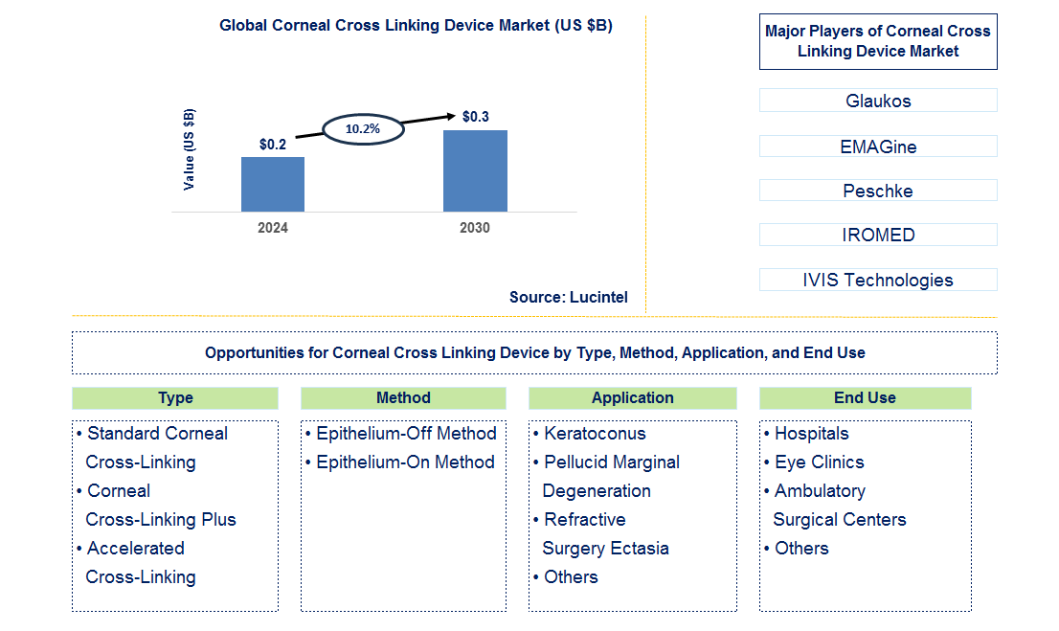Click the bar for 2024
point(273,184)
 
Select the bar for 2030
point(475,170)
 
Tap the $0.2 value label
point(273,145)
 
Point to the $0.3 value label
point(475,117)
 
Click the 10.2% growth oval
point(363,127)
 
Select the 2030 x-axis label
point(475,228)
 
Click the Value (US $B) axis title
point(189,149)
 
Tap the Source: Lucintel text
point(569,297)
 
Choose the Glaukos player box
point(878,101)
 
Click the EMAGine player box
point(878,146)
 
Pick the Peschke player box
point(878,191)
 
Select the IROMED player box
point(878,235)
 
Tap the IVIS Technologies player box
point(878,280)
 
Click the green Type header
point(175,398)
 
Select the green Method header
point(403,398)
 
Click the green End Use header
point(865,398)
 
